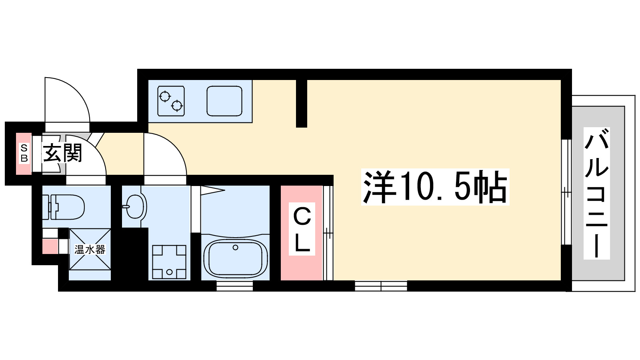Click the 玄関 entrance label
pyautogui.click(x=62, y=153)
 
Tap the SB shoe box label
pyautogui.click(x=24, y=154)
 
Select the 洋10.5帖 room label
pyautogui.click(x=435, y=187)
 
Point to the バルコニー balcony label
pyautogui.click(x=596, y=193)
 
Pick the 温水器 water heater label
pyautogui.click(x=90, y=250)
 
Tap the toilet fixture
pyautogui.click(x=66, y=207)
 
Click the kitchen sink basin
pyautogui.click(x=224, y=101)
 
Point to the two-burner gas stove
pyautogui.click(x=171, y=101)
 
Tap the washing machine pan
pyautogui.click(x=169, y=262)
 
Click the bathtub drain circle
pyautogui.click(x=236, y=248)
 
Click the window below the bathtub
pyautogui.click(x=234, y=286)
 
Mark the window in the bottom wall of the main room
pyautogui.click(x=381, y=286)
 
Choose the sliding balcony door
pyautogui.click(x=566, y=192)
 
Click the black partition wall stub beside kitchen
pyautogui.click(x=302, y=103)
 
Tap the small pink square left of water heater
pyautogui.click(x=50, y=246)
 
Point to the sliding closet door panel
pyautogui.click(x=328, y=233)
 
